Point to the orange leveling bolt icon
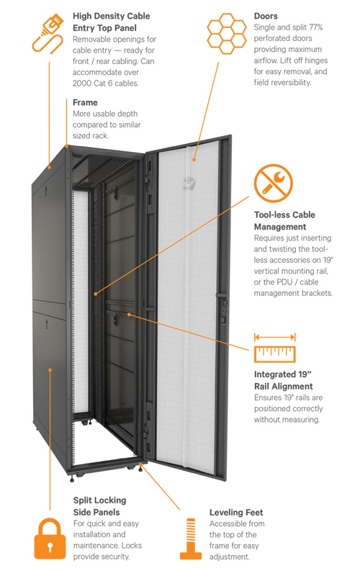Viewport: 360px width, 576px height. [191, 539]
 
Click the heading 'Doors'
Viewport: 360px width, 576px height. [266, 16]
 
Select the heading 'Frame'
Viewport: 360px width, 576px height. [86, 102]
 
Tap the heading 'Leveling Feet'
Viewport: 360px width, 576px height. [236, 512]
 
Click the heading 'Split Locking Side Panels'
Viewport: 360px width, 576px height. [99, 505]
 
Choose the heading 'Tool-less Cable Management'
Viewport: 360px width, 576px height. [284, 221]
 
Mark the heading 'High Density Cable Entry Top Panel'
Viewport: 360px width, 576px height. [112, 22]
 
